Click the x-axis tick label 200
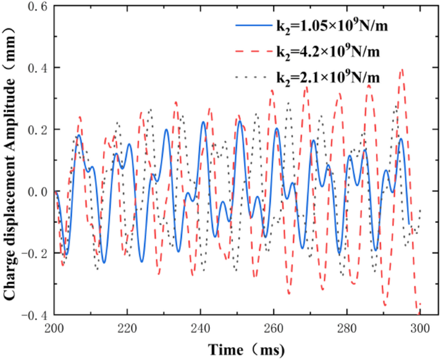55,328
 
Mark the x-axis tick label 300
420,328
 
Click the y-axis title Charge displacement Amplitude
11,161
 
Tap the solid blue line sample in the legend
252,26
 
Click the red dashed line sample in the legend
252,52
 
